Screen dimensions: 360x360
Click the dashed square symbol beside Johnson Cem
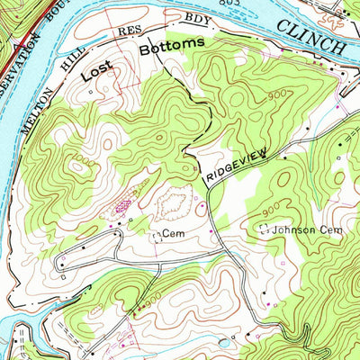tap(265, 230)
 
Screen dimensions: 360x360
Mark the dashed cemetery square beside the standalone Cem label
tap(157, 237)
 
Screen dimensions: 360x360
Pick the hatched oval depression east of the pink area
tap(170, 208)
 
